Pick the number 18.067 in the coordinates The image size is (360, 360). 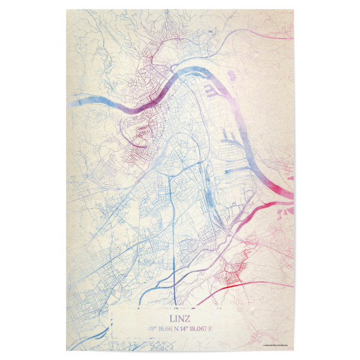click(x=203, y=329)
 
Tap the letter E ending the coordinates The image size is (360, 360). click(x=218, y=329)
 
